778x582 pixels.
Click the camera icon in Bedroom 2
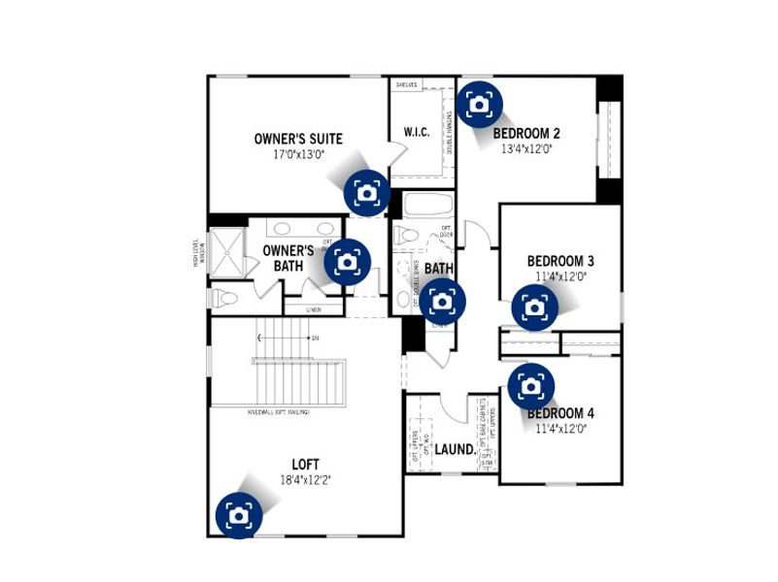pos(479,104)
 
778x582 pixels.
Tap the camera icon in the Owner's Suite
pos(366,192)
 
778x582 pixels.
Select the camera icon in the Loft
pos(238,514)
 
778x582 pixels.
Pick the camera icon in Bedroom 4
pos(530,386)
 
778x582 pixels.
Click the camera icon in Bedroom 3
pos(534,307)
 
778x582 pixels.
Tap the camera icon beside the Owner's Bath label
pos(348,262)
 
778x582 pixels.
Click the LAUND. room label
pos(455,450)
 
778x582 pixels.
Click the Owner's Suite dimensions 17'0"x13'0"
pos(298,154)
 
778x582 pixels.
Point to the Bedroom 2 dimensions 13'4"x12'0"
pos(526,149)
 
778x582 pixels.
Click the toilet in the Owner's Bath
pos(223,298)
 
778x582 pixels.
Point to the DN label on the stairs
pos(315,338)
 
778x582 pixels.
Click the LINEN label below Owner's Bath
pos(314,310)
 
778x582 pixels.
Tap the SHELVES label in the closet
pos(406,85)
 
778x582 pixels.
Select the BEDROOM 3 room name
pos(560,261)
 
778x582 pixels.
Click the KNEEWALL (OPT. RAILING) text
pos(279,412)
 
